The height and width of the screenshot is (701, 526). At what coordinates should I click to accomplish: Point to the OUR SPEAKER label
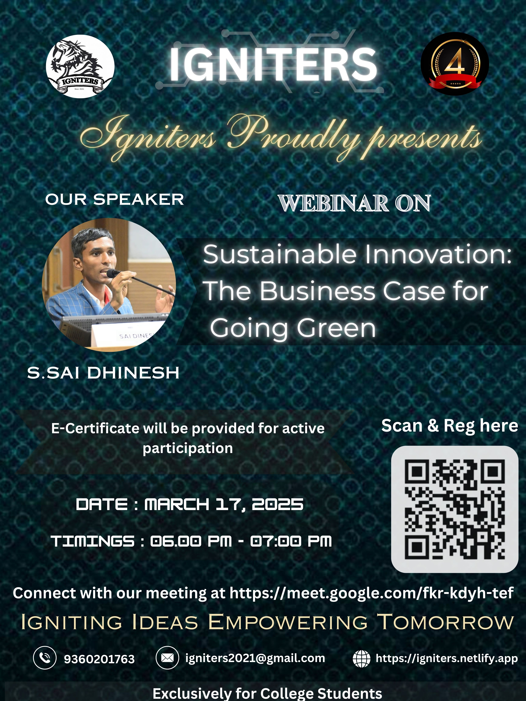[x=114, y=200]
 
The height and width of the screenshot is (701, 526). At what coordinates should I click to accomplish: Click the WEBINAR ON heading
[x=354, y=203]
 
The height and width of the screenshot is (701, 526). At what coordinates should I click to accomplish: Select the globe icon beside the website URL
[x=361, y=659]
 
